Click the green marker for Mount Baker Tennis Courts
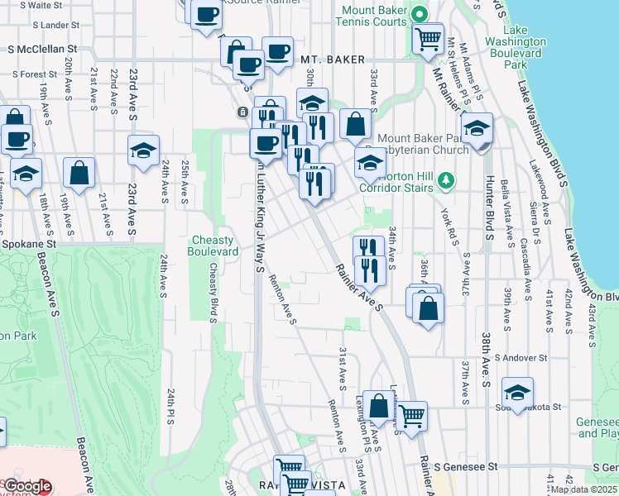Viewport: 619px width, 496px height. (420, 13)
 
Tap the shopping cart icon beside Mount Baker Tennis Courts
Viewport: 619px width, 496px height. (427, 38)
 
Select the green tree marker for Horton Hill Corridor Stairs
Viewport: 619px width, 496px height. (446, 179)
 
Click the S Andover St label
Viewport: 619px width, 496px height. (521, 358)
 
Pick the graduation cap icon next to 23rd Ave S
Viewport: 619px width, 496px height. (143, 151)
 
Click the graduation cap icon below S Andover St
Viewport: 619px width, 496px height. (517, 393)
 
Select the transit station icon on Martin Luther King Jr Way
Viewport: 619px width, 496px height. (242, 112)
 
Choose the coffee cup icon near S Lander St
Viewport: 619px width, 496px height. (206, 14)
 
